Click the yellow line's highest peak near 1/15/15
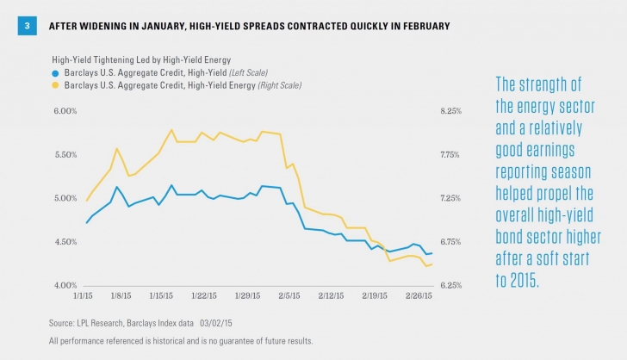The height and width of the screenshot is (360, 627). pos(171,130)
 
